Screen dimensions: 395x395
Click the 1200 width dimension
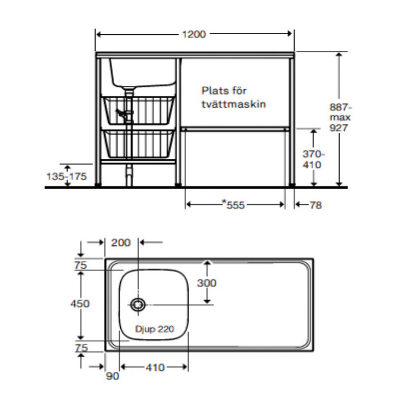click(194, 34)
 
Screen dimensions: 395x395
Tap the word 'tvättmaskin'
click(233, 104)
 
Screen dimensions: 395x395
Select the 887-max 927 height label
click(340, 117)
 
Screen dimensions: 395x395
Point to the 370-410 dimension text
click(313, 159)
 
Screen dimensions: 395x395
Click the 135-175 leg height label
click(67, 176)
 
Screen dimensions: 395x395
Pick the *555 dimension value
click(233, 205)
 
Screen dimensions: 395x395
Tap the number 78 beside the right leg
click(316, 205)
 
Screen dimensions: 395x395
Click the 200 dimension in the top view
click(121, 243)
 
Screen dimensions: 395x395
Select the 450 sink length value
click(80, 304)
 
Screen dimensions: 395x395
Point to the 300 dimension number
click(207, 283)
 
